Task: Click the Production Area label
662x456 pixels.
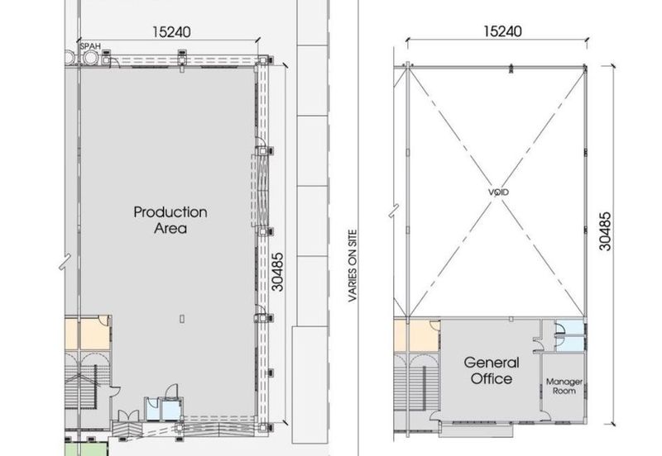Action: pyautogui.click(x=170, y=220)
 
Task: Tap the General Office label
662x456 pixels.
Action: pyautogui.click(x=492, y=370)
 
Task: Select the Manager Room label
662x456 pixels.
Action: pyautogui.click(x=564, y=386)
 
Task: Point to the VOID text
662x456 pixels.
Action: pyautogui.click(x=499, y=192)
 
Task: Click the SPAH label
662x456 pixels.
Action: pyautogui.click(x=90, y=45)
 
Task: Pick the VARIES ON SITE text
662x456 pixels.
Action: pyautogui.click(x=353, y=266)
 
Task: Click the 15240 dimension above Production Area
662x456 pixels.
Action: pyautogui.click(x=171, y=31)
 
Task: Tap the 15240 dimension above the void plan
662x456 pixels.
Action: pyautogui.click(x=502, y=31)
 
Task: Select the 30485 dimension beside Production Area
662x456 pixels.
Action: pyautogui.click(x=277, y=272)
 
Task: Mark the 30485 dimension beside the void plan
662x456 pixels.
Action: pyautogui.click(x=605, y=231)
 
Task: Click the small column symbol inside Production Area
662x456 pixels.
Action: pyautogui.click(x=182, y=319)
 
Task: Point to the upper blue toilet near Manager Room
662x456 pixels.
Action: pyautogui.click(x=568, y=327)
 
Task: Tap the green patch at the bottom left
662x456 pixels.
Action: pyautogui.click(x=87, y=449)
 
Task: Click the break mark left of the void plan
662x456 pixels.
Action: pyautogui.click(x=394, y=211)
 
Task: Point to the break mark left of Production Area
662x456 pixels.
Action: pyautogui.click(x=65, y=261)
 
